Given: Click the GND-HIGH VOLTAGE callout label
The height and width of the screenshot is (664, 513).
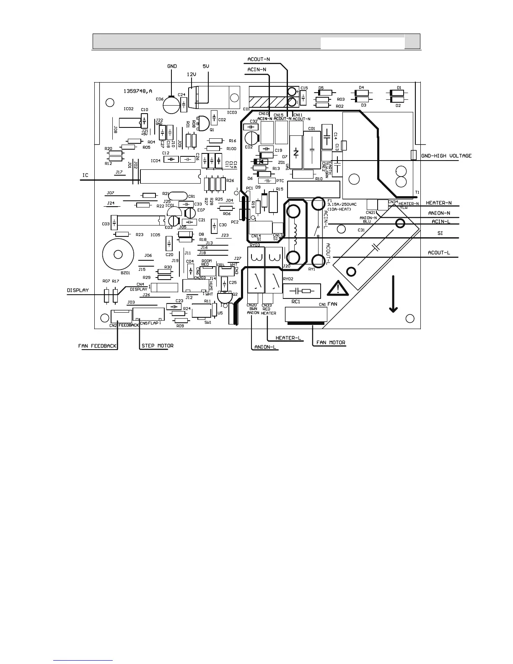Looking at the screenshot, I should point(446,156).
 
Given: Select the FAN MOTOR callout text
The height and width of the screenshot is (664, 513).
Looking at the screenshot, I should point(331,342).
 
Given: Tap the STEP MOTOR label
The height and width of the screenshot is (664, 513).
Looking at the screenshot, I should point(157,346).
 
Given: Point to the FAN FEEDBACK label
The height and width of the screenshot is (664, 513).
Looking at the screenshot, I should point(97,346).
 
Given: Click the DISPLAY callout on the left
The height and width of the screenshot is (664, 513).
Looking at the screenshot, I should point(78,290).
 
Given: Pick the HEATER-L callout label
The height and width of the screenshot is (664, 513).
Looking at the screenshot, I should point(288,338).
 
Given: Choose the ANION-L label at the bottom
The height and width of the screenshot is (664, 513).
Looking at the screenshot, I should point(266,347).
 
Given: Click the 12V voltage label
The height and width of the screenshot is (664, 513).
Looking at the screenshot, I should point(191,74).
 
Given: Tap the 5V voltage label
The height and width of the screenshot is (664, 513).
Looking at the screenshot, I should point(206,66).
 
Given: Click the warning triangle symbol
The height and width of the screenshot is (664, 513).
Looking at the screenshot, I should point(335,289).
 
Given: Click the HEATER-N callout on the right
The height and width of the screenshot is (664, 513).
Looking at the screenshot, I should point(439,203).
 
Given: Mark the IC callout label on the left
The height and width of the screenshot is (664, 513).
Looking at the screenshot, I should point(85,175).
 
